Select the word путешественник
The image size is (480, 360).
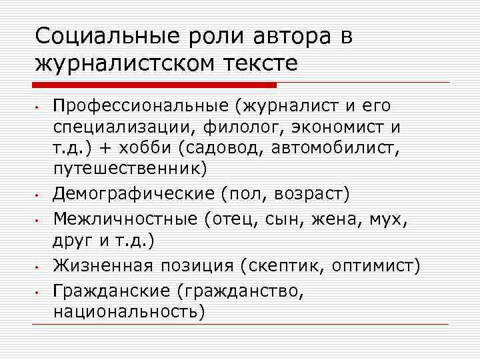[x=131, y=166]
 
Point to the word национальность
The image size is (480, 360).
[x=129, y=311]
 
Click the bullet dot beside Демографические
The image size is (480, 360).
[x=39, y=196]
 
